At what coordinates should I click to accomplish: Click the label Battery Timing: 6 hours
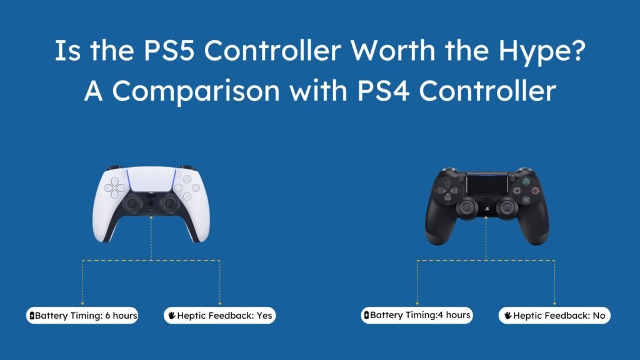(x=82, y=316)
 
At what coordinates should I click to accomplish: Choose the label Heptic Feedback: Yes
(x=219, y=316)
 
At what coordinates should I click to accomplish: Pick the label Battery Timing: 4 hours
(x=417, y=315)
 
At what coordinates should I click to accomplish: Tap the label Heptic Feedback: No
(x=554, y=316)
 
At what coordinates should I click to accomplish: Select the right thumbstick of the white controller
(x=169, y=204)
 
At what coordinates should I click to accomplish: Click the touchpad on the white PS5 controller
(x=152, y=181)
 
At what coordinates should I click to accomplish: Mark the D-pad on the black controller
(x=447, y=189)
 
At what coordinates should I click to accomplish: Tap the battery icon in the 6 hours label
(x=32, y=316)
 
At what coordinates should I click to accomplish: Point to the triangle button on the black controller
(x=526, y=180)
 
